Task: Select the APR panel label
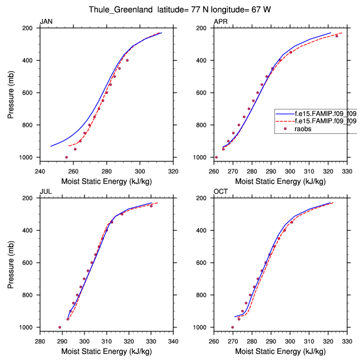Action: tap(220, 22)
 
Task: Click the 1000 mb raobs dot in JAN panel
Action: tap(66, 157)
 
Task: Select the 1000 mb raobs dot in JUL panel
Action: tap(60, 327)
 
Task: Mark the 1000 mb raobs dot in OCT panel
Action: tap(233, 327)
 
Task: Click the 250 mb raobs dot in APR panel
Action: tap(337, 36)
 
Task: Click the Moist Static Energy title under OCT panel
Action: tap(281, 352)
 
